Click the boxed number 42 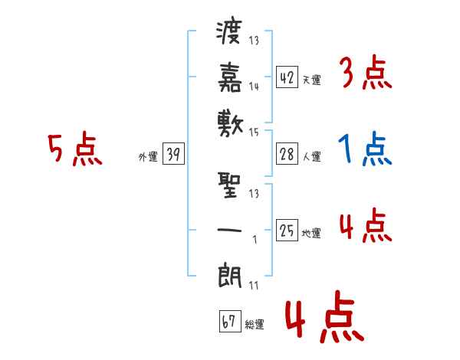(x=287, y=77)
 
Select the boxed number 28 (x=287, y=154)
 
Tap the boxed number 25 (x=287, y=230)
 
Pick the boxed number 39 (x=173, y=155)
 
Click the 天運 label (x=311, y=79)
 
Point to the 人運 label (x=311, y=156)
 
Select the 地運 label (x=311, y=232)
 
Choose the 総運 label (x=255, y=324)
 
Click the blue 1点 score (x=365, y=149)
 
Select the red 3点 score (x=365, y=74)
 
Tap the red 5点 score (x=74, y=149)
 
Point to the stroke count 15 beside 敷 (x=254, y=132)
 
